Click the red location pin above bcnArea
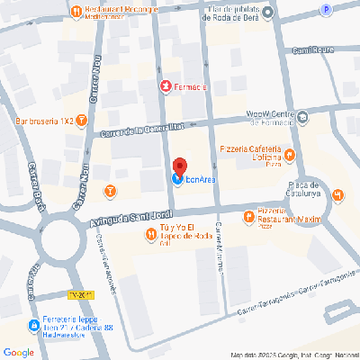[179, 166]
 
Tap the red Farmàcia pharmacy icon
[165, 86]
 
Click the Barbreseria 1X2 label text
[44, 119]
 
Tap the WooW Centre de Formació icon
[303, 116]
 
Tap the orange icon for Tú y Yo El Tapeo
[150, 236]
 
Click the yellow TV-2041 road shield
[81, 295]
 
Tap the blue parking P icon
[325, 9]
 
